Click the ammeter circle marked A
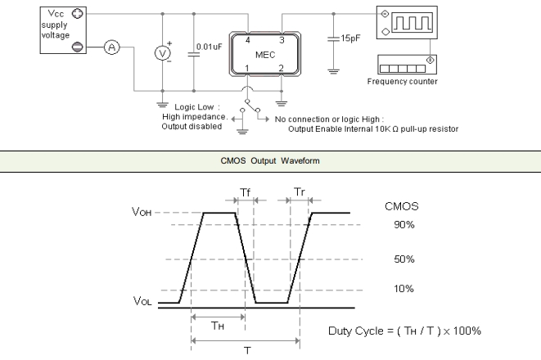[x=112, y=47]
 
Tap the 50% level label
[x=403, y=259]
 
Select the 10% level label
[x=403, y=289]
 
